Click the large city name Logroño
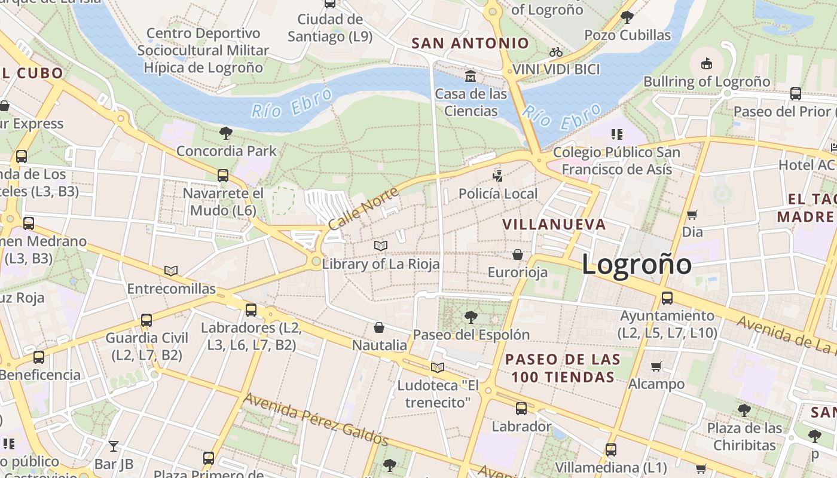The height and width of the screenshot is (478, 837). click(636, 264)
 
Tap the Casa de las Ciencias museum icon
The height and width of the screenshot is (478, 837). click(471, 76)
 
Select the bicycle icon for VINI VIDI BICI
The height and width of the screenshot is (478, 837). click(556, 53)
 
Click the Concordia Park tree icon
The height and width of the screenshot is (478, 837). click(226, 133)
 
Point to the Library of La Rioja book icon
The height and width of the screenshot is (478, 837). click(380, 246)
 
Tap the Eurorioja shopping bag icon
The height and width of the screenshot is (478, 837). click(518, 255)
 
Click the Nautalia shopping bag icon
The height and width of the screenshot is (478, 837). click(378, 327)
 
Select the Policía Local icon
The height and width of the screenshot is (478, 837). click(497, 176)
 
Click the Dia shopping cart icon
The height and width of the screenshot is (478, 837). click(692, 215)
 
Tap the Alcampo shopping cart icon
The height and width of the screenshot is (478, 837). click(656, 366)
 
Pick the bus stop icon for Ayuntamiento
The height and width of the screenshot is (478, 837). click(667, 298)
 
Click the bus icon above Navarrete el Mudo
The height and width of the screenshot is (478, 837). click(222, 175)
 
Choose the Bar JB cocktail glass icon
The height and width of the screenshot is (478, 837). click(114, 446)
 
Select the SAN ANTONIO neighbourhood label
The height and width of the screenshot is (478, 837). click(471, 43)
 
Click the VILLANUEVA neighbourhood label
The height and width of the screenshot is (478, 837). click(554, 225)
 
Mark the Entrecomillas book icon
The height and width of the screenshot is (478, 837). click(171, 271)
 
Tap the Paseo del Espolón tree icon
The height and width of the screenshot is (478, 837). click(471, 317)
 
